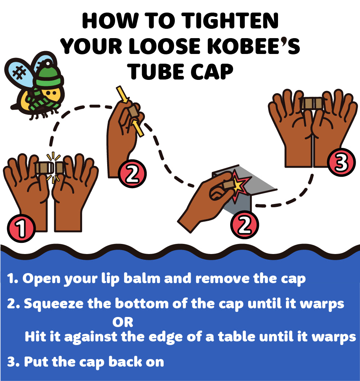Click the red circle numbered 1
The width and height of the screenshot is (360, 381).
tap(21, 228)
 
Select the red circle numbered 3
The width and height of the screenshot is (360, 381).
tap(341, 162)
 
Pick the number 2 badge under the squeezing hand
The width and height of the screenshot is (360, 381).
tap(132, 173)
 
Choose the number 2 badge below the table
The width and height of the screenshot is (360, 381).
tap(244, 225)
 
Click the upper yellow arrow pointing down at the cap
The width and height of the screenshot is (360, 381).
tap(122, 94)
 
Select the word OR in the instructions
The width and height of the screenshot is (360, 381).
tap(123, 322)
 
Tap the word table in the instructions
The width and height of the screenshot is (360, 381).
tap(236, 337)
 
